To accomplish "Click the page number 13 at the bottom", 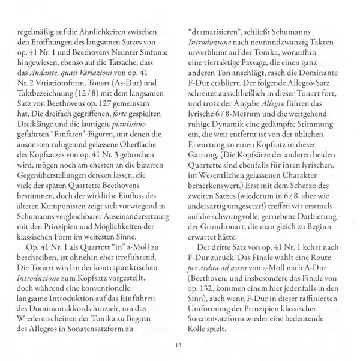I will (179, 344).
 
